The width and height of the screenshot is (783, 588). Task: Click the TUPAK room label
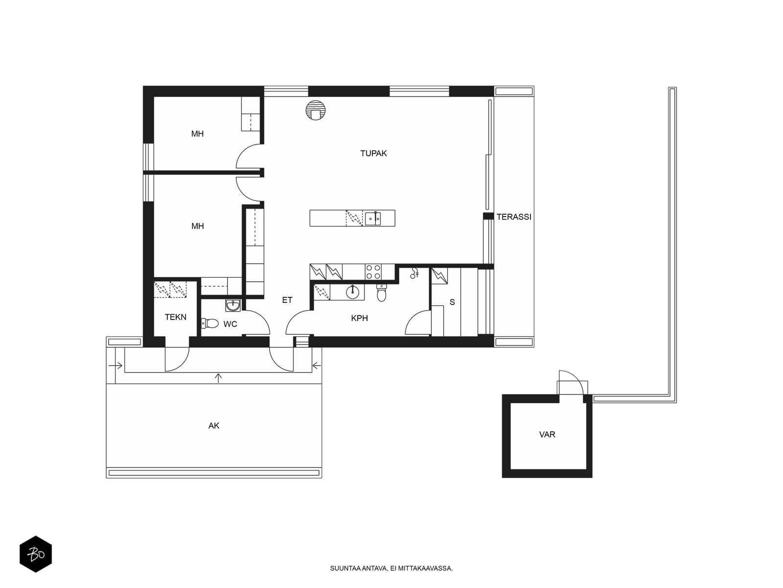373,153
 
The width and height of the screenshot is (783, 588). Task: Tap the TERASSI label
514,217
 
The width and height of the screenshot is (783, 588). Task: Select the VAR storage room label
547,435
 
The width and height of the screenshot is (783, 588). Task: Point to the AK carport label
214,425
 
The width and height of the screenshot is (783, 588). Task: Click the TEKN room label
176,317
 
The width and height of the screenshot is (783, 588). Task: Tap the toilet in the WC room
210,323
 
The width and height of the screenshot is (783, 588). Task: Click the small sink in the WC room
233,305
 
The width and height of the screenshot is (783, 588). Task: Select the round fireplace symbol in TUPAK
316,110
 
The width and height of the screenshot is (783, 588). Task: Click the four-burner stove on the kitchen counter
373,271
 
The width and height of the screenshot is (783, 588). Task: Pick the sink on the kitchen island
373,218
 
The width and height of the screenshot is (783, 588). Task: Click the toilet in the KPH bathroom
381,293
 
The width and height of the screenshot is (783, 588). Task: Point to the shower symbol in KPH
414,273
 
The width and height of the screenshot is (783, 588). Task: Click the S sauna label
452,302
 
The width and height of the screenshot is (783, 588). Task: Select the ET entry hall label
287,300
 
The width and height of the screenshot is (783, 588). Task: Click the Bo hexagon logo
36,554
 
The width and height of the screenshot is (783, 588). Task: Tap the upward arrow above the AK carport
219,378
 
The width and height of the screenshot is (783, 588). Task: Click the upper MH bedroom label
197,134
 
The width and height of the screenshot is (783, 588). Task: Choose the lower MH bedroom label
198,226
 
